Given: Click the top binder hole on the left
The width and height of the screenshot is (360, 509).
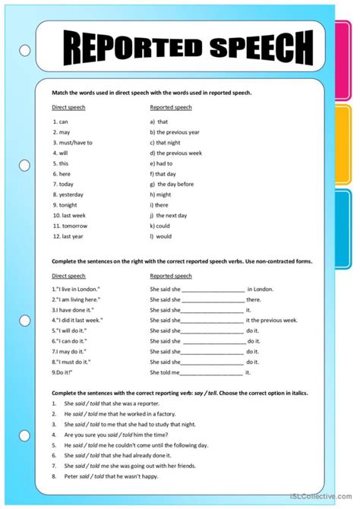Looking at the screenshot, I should coord(25,52).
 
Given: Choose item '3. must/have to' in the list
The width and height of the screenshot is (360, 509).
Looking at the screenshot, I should coord(73,142).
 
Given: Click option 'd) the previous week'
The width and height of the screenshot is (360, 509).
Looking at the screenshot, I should coord(176,153).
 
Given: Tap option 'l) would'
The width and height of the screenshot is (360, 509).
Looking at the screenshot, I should coord(162,236).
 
